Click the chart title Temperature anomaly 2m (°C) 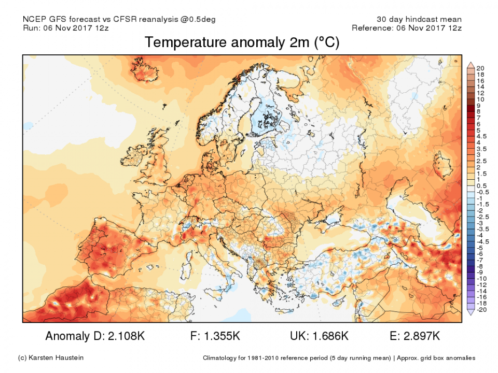pyautogui.click(x=242, y=42)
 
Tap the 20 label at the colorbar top pyautogui.click(x=480, y=68)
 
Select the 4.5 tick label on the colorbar pyautogui.click(x=481, y=136)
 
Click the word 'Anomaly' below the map pyautogui.click(x=68, y=336)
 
